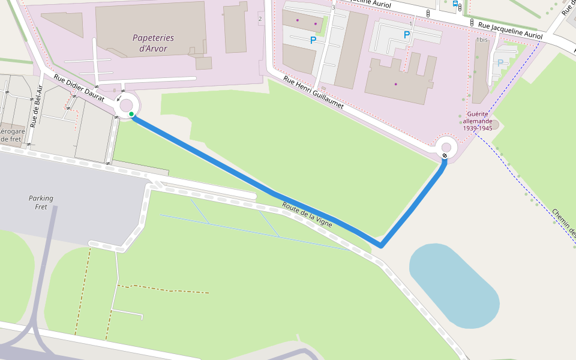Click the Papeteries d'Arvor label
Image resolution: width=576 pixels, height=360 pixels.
click(x=153, y=43)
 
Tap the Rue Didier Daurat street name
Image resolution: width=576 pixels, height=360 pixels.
click(x=79, y=88)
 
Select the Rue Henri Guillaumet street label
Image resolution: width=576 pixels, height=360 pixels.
click(x=313, y=97)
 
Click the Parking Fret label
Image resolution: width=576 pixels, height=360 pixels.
click(x=41, y=202)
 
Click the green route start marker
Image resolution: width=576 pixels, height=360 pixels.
click(x=131, y=114)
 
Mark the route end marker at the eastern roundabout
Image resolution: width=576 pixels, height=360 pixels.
click(x=445, y=156)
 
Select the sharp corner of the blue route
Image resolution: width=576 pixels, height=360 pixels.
click(x=380, y=245)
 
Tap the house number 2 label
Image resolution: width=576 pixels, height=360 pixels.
click(x=260, y=19)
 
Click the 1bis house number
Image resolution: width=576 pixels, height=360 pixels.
click(x=481, y=40)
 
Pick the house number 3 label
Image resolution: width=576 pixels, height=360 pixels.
click(x=333, y=7)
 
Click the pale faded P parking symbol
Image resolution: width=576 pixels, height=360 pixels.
click(x=500, y=62)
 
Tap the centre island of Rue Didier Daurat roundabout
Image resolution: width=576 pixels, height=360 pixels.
click(x=127, y=106)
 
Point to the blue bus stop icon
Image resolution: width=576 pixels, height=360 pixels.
click(x=455, y=3)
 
